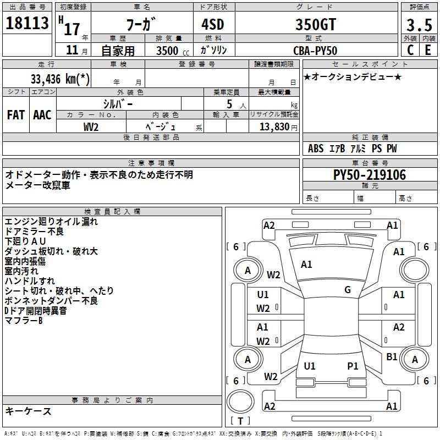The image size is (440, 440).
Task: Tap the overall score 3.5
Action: (x=418, y=25)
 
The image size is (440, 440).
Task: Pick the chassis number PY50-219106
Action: (x=370, y=175)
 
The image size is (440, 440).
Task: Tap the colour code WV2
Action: (x=91, y=127)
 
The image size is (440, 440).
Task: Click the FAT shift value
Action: (x=16, y=115)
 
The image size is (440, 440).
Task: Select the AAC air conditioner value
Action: (x=42, y=115)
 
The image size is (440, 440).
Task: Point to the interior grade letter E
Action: (x=428, y=50)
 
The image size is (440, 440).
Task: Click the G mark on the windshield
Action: (x=348, y=290)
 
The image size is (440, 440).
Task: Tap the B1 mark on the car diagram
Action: (x=392, y=357)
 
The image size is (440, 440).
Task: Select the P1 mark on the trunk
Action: (x=353, y=366)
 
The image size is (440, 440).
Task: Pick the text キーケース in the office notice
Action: (x=28, y=411)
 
